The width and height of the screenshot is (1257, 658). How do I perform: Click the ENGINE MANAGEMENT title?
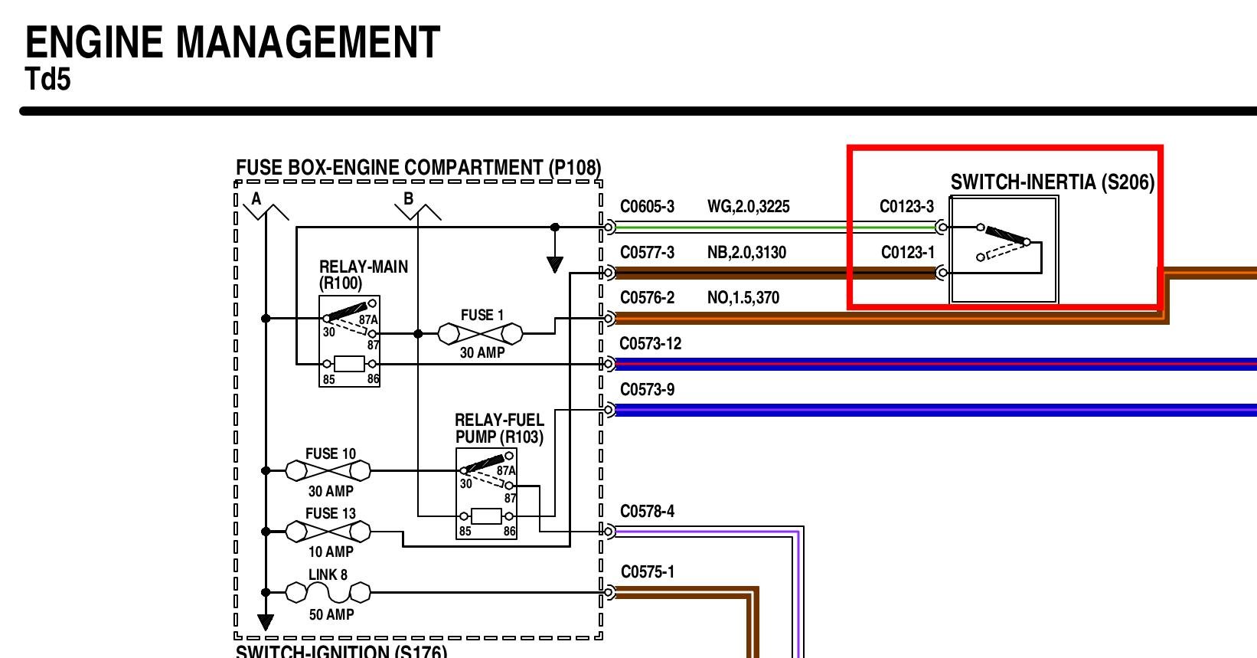(233, 43)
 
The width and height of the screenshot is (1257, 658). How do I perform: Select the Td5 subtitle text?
(48, 79)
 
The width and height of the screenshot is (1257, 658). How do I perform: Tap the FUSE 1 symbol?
(480, 334)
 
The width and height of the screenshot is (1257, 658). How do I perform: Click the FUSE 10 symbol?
(328, 470)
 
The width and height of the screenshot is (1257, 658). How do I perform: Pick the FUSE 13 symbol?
(328, 530)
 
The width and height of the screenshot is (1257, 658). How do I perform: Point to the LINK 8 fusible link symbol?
(328, 592)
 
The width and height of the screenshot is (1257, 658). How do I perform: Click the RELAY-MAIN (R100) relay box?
(349, 342)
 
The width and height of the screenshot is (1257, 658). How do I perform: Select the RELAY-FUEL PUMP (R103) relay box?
(486, 494)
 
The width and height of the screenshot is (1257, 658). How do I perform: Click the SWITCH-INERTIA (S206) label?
(1052, 182)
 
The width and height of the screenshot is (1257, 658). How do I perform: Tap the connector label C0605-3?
(647, 207)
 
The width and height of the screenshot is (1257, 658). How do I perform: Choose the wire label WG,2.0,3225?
(748, 207)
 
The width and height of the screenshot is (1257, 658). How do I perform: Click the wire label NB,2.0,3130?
(746, 253)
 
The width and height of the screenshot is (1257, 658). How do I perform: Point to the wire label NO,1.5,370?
(743, 298)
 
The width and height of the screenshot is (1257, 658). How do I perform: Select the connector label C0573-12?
(650, 344)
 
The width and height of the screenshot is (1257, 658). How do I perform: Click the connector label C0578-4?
(647, 512)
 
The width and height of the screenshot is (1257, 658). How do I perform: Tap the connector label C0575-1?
(647, 572)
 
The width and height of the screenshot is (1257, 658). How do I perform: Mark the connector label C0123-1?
(907, 253)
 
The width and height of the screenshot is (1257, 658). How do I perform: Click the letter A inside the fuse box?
(256, 199)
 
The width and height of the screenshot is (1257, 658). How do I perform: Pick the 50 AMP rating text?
(331, 614)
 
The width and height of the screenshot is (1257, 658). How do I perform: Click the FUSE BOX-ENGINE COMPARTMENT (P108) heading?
(418, 168)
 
